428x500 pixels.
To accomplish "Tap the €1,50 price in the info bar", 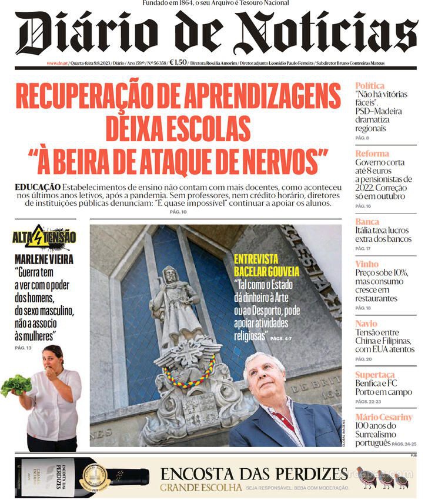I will pos(178,63).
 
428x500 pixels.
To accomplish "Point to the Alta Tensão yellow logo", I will pos(44,238).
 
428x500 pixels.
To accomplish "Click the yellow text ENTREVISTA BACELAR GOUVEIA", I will pos(266,265).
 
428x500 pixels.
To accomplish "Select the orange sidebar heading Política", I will pos(370,86).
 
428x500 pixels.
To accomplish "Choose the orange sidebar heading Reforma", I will pos(372,154).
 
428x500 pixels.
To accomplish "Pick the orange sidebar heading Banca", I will pos(367,222).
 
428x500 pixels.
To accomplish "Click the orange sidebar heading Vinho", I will pos(367,264).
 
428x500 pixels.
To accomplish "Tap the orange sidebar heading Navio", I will pos(366,324).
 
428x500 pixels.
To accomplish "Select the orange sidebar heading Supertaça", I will pos(375,375).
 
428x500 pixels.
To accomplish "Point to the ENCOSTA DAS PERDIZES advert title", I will pos(254,474).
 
